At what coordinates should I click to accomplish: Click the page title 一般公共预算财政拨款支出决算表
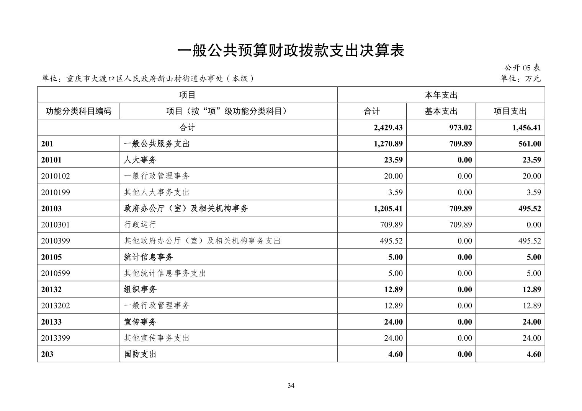pos(291,50)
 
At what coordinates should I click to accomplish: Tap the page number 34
pos(291,385)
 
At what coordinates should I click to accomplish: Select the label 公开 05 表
pos(522,68)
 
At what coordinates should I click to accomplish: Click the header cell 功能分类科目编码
pos(78,111)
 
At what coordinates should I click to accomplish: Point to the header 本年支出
pos(441,95)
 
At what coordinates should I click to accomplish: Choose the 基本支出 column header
pos(441,111)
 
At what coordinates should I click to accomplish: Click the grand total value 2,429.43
pos(388,128)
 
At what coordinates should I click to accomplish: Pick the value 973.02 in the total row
pos(460,128)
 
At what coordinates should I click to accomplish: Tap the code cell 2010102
pos(56,176)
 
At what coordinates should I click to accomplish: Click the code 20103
pos(51,209)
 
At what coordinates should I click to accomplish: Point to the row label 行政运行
pos(140,225)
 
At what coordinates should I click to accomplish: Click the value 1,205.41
pos(388,209)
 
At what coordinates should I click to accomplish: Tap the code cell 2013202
pos(56,306)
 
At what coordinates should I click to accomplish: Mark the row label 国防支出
pos(140,354)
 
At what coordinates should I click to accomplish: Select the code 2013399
pos(56,338)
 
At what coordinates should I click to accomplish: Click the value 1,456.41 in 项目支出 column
pos(526,128)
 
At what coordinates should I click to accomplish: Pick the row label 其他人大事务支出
pos(157,192)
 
